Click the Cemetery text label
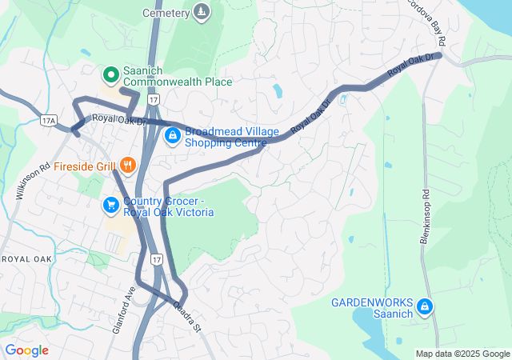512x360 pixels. pyautogui.click(x=166, y=13)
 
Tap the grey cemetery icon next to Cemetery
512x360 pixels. pyautogui.click(x=202, y=12)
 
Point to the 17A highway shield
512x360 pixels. pyautogui.click(x=48, y=119)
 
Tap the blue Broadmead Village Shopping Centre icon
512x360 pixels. pyautogui.click(x=172, y=137)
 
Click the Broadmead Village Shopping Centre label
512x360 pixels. pyautogui.click(x=226, y=137)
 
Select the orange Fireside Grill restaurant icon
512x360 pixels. pyautogui.click(x=127, y=167)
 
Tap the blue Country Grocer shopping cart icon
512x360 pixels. pyautogui.click(x=110, y=206)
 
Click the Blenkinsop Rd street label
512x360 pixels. pyautogui.click(x=425, y=217)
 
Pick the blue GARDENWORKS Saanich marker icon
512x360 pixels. pyautogui.click(x=426, y=306)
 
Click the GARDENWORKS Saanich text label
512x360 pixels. pyautogui.click(x=373, y=307)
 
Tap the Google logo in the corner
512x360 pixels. pyautogui.click(x=27, y=350)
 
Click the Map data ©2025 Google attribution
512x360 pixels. pyautogui.click(x=462, y=354)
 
